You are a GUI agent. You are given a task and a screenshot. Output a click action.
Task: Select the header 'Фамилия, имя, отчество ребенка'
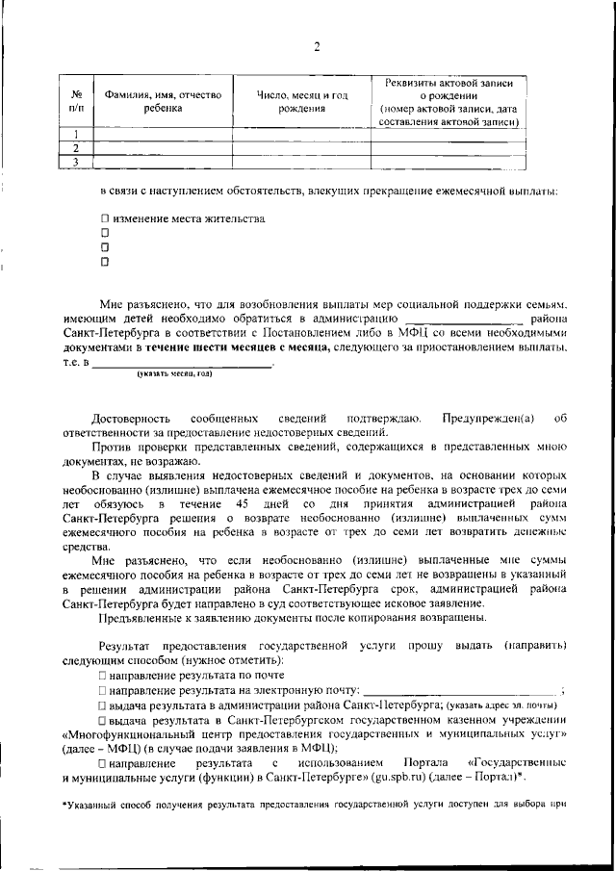(x=156, y=101)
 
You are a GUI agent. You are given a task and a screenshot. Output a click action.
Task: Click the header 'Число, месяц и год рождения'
(x=301, y=101)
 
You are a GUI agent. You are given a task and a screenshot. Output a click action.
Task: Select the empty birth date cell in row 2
(x=301, y=148)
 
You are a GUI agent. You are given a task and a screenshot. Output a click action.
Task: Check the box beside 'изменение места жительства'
(x=106, y=218)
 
